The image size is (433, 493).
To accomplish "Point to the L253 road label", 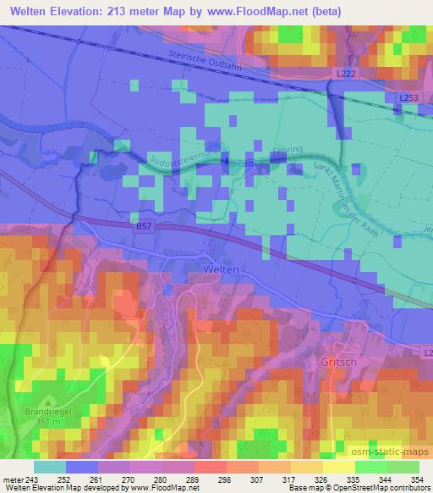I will pyautogui.click(x=408, y=98).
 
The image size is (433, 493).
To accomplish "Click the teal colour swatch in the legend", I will pyautogui.click(x=49, y=467).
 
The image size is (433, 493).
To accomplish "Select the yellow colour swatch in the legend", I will pyautogui.click(x=338, y=467).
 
